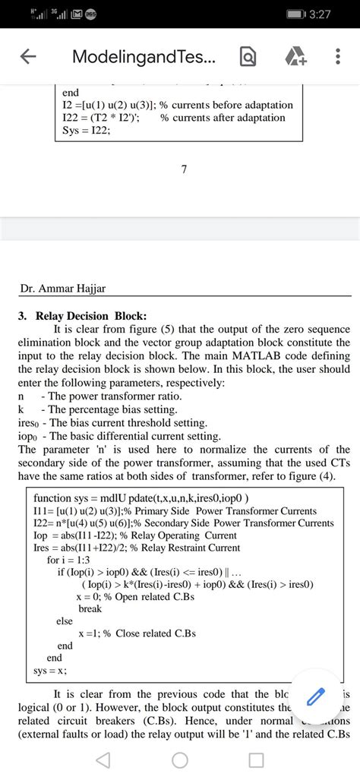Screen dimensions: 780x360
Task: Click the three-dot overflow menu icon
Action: pos(337,57)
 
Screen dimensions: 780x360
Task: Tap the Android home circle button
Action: pos(180,759)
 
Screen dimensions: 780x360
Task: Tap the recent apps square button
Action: pos(257,759)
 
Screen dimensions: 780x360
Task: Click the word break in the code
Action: pos(90,609)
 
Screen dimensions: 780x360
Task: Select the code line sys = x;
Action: pos(50,671)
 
